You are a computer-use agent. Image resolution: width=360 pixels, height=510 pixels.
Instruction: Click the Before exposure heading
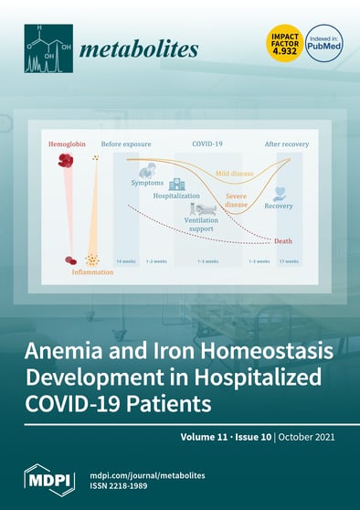tap(126, 144)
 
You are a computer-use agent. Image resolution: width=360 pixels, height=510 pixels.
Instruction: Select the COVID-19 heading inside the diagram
tap(207, 144)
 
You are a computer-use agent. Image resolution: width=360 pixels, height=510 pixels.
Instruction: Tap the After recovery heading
tap(286, 144)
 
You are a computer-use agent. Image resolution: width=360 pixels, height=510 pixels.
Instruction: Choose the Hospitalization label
tap(176, 196)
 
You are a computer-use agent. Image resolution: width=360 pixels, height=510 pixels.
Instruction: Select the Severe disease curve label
tap(236, 200)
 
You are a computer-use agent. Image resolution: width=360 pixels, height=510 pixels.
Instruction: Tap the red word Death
tap(283, 240)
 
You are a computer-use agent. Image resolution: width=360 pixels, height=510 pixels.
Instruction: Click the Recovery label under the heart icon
tap(278, 206)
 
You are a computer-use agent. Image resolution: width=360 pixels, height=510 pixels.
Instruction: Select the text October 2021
tap(309, 439)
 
